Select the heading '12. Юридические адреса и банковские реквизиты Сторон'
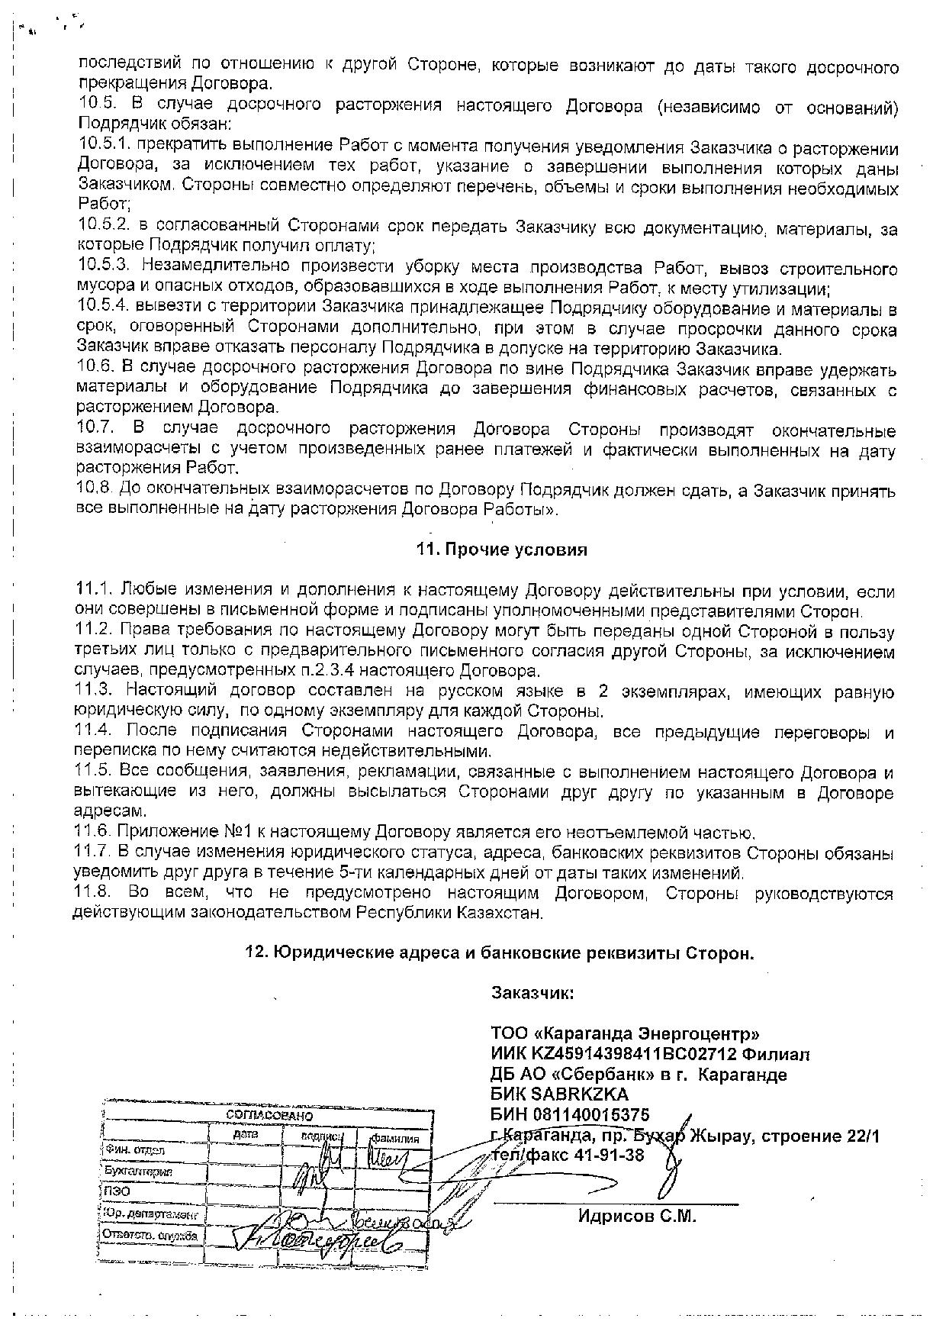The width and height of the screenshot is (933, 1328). click(499, 953)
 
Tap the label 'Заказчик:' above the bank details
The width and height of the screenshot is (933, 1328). click(532, 994)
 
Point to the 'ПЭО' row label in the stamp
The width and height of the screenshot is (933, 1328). click(115, 1191)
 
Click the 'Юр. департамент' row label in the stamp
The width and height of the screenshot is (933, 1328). click(150, 1213)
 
